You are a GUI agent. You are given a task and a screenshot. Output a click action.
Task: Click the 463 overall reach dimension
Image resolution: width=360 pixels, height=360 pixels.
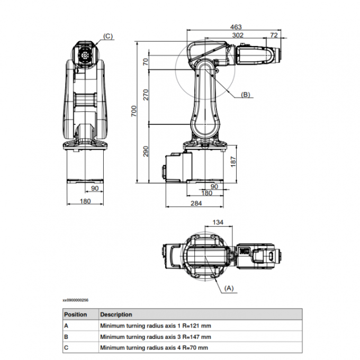coord(236,26)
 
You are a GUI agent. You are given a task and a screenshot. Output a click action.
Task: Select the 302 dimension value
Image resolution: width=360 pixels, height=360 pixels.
coord(238,35)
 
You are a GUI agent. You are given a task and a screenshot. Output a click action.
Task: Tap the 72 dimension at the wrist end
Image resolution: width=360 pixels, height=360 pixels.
coord(274,35)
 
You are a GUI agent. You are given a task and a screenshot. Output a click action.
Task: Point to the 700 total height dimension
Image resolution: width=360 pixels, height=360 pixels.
coord(134,111)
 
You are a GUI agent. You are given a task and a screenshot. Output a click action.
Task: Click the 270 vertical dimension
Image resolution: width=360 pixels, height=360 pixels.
coord(146,95)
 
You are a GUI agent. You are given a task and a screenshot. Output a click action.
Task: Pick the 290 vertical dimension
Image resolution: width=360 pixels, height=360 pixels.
coord(146,150)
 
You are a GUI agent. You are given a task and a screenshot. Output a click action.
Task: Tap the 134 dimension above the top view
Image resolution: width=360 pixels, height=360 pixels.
coord(217,222)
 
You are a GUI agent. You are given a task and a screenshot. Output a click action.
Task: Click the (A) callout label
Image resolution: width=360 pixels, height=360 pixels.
coord(229,288)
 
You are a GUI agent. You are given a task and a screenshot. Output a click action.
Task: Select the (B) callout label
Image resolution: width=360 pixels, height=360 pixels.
coord(245,95)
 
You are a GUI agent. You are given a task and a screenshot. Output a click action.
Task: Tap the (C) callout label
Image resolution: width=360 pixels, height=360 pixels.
coord(107,36)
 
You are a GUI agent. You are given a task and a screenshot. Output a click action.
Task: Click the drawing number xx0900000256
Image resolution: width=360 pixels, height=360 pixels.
coord(76,300)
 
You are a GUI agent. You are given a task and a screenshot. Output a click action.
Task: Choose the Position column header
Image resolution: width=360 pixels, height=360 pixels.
coord(75,314)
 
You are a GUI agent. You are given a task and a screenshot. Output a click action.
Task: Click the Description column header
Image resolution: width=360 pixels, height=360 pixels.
coord(116,314)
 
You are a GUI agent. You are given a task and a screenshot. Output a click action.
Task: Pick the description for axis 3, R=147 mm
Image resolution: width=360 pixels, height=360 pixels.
coord(156,337)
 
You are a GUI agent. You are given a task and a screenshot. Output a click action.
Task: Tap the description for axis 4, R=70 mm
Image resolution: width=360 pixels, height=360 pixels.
coord(154,347)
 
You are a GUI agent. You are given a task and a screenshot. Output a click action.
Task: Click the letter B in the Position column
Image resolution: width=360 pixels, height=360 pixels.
coord(66,337)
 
